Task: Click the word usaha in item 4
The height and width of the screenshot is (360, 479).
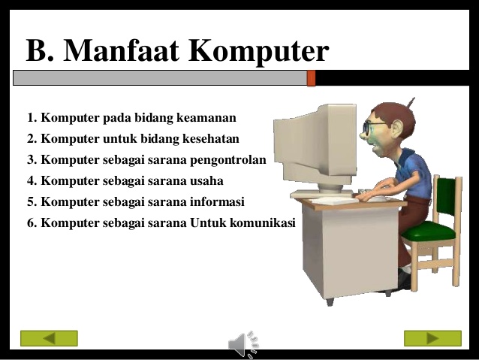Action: (x=205, y=181)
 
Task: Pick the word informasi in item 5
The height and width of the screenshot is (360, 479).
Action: (x=217, y=202)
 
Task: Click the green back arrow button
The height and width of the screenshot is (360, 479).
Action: (x=49, y=338)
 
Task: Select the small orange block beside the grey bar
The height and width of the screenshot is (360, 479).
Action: (x=312, y=78)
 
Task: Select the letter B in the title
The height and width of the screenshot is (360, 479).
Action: (x=37, y=51)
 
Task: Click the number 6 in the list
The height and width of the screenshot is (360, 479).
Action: (x=31, y=223)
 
